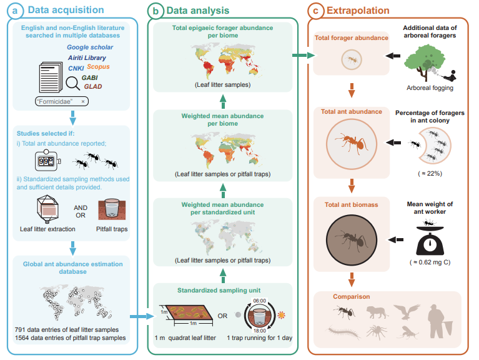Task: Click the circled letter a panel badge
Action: tap(12, 11)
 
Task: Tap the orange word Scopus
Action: tap(99, 67)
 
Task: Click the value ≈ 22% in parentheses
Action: tap(429, 173)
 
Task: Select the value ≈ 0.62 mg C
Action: tap(429, 262)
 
